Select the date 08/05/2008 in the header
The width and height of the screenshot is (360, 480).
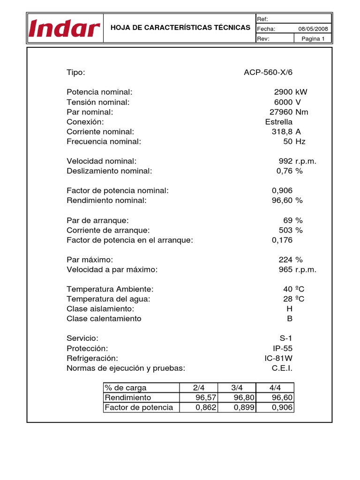(314, 29)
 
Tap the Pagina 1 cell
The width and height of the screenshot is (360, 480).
(313, 39)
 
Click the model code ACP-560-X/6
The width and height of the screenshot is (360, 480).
(270, 73)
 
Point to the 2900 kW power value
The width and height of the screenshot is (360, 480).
(291, 92)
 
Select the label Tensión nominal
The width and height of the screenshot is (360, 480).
(98, 102)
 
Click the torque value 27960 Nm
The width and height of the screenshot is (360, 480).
(289, 112)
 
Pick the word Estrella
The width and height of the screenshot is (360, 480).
(278, 122)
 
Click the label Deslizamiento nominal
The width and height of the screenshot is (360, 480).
(110, 171)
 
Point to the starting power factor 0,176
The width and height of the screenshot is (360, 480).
(282, 240)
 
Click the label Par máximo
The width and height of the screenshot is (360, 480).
(90, 260)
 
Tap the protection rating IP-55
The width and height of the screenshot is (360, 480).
(283, 348)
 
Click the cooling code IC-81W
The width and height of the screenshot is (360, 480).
(278, 358)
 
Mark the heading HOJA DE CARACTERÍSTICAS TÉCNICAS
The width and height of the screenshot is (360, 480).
(180, 28)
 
